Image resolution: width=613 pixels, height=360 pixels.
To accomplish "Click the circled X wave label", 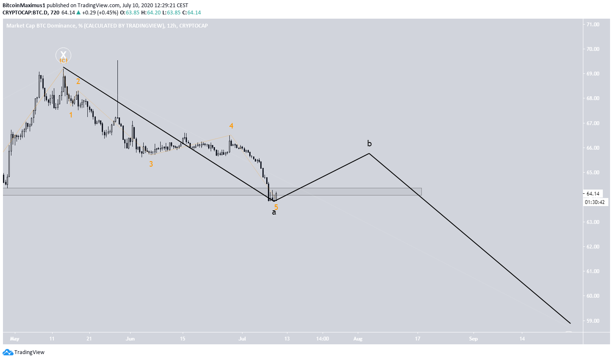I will point(63,55).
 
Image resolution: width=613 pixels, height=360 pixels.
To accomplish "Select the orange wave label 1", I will point(71,115).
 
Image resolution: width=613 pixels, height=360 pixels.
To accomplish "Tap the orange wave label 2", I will point(78,81).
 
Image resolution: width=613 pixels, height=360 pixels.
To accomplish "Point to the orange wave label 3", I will point(151,164).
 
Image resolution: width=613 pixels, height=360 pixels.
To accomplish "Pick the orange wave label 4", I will point(231,126).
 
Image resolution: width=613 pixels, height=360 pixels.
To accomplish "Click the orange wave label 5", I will point(276,207).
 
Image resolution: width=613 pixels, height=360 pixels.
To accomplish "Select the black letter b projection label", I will point(369,143).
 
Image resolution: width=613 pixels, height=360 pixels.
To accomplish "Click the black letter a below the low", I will point(274,212).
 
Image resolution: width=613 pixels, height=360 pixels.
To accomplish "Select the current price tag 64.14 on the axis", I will point(592,194).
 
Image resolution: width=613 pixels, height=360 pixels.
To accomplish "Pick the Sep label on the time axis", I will point(473,339).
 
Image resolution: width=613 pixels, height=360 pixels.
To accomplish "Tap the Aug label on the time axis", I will point(358,339).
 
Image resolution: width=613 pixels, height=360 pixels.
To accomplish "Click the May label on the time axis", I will point(15,339).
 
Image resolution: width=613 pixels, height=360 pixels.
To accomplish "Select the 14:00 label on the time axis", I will point(322,339).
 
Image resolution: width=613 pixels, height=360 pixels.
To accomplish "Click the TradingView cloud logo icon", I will point(8,352).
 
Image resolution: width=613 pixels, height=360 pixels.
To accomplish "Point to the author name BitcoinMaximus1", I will point(24,5).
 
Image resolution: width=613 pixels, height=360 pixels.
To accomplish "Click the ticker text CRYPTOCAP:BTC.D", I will point(24,13).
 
